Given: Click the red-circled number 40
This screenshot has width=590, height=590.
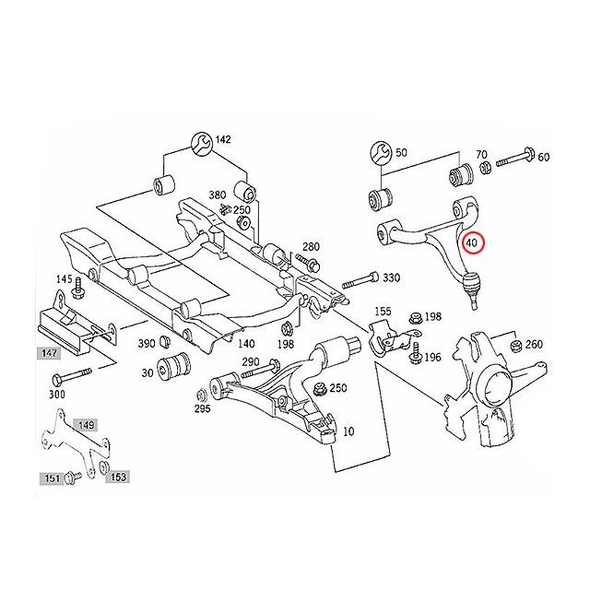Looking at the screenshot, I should (x=472, y=244).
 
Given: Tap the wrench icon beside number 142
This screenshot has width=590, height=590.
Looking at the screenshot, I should (x=202, y=141).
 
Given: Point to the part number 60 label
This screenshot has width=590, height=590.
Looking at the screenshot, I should (x=543, y=157).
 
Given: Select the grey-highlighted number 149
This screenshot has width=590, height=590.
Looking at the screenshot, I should (x=86, y=426).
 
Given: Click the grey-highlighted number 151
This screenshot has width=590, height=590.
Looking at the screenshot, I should (x=52, y=478).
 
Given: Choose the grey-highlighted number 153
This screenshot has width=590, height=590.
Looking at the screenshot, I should (x=117, y=477).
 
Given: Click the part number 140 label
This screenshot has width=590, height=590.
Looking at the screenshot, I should (x=246, y=343).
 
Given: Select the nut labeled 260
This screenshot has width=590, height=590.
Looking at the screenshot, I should (x=509, y=346).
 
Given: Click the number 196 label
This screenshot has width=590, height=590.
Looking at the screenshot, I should (x=432, y=356).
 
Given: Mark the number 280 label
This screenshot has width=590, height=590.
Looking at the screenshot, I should (x=311, y=246).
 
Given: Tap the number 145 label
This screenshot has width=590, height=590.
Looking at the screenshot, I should (x=64, y=279).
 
